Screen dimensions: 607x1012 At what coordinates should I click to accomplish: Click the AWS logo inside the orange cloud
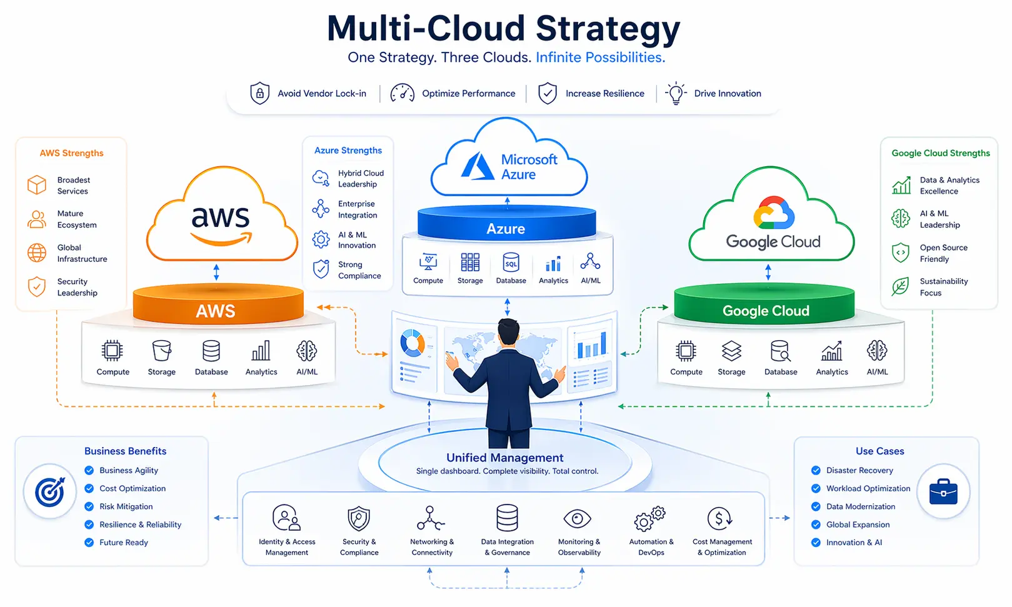221,223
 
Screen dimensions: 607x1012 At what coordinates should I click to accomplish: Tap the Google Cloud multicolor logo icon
774,213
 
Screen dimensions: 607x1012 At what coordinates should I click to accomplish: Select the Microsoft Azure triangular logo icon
478,166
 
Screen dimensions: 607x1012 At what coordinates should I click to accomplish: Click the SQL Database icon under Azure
511,263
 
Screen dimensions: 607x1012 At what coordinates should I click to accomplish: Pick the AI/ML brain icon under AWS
307,351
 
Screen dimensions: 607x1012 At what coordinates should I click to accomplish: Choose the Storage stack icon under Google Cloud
731,351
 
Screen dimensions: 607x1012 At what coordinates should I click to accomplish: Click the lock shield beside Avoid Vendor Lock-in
259,93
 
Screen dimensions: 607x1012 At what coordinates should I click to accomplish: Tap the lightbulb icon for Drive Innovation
676,93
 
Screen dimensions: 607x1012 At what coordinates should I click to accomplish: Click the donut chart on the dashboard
413,343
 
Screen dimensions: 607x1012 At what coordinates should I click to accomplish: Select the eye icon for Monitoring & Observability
577,518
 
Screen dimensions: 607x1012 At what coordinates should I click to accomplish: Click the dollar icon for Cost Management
720,518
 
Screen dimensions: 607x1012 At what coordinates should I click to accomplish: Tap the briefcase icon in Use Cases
943,491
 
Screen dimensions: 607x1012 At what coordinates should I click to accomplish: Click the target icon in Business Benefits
50,491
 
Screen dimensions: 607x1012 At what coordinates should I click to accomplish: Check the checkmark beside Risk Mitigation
89,506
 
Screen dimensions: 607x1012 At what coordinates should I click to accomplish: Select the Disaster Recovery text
859,470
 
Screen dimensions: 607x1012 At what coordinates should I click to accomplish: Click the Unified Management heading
504,458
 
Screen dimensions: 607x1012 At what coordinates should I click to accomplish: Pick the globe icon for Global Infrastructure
37,253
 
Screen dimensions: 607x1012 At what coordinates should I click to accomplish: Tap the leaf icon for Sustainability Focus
900,287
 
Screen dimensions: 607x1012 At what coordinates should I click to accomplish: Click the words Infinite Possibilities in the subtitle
600,58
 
